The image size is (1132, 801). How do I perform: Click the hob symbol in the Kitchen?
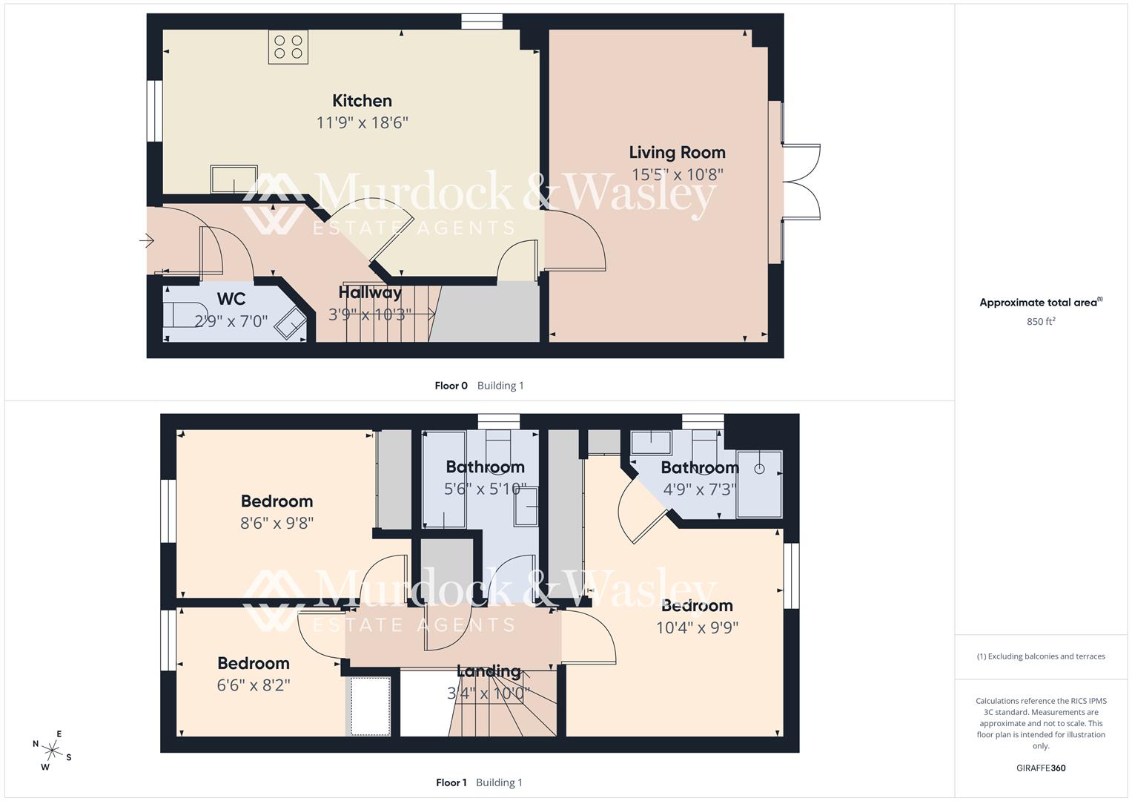(x=288, y=47)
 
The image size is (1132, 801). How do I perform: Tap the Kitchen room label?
(x=362, y=101)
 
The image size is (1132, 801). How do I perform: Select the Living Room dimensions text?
(x=677, y=174)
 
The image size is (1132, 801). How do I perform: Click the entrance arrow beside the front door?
(x=146, y=240)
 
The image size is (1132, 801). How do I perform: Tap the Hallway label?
(x=370, y=292)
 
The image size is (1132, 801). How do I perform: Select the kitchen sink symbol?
(x=234, y=178)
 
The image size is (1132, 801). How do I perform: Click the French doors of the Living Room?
(x=802, y=182)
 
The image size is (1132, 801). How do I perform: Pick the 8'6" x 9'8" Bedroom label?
(x=277, y=501)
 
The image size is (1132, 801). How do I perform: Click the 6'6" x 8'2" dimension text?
(x=254, y=685)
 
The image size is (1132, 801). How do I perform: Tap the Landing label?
(x=489, y=672)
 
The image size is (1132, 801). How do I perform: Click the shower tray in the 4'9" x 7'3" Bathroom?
(x=759, y=484)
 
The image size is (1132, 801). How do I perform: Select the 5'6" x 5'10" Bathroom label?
(x=485, y=467)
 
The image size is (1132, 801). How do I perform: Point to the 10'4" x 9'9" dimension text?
(x=697, y=627)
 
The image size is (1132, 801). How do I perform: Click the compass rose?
(x=52, y=750)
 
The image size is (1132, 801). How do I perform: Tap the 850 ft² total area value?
(x=1041, y=322)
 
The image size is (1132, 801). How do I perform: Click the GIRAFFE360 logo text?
(x=1041, y=768)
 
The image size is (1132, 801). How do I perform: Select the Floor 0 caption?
(x=451, y=386)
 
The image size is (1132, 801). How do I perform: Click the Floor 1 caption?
(x=451, y=782)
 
